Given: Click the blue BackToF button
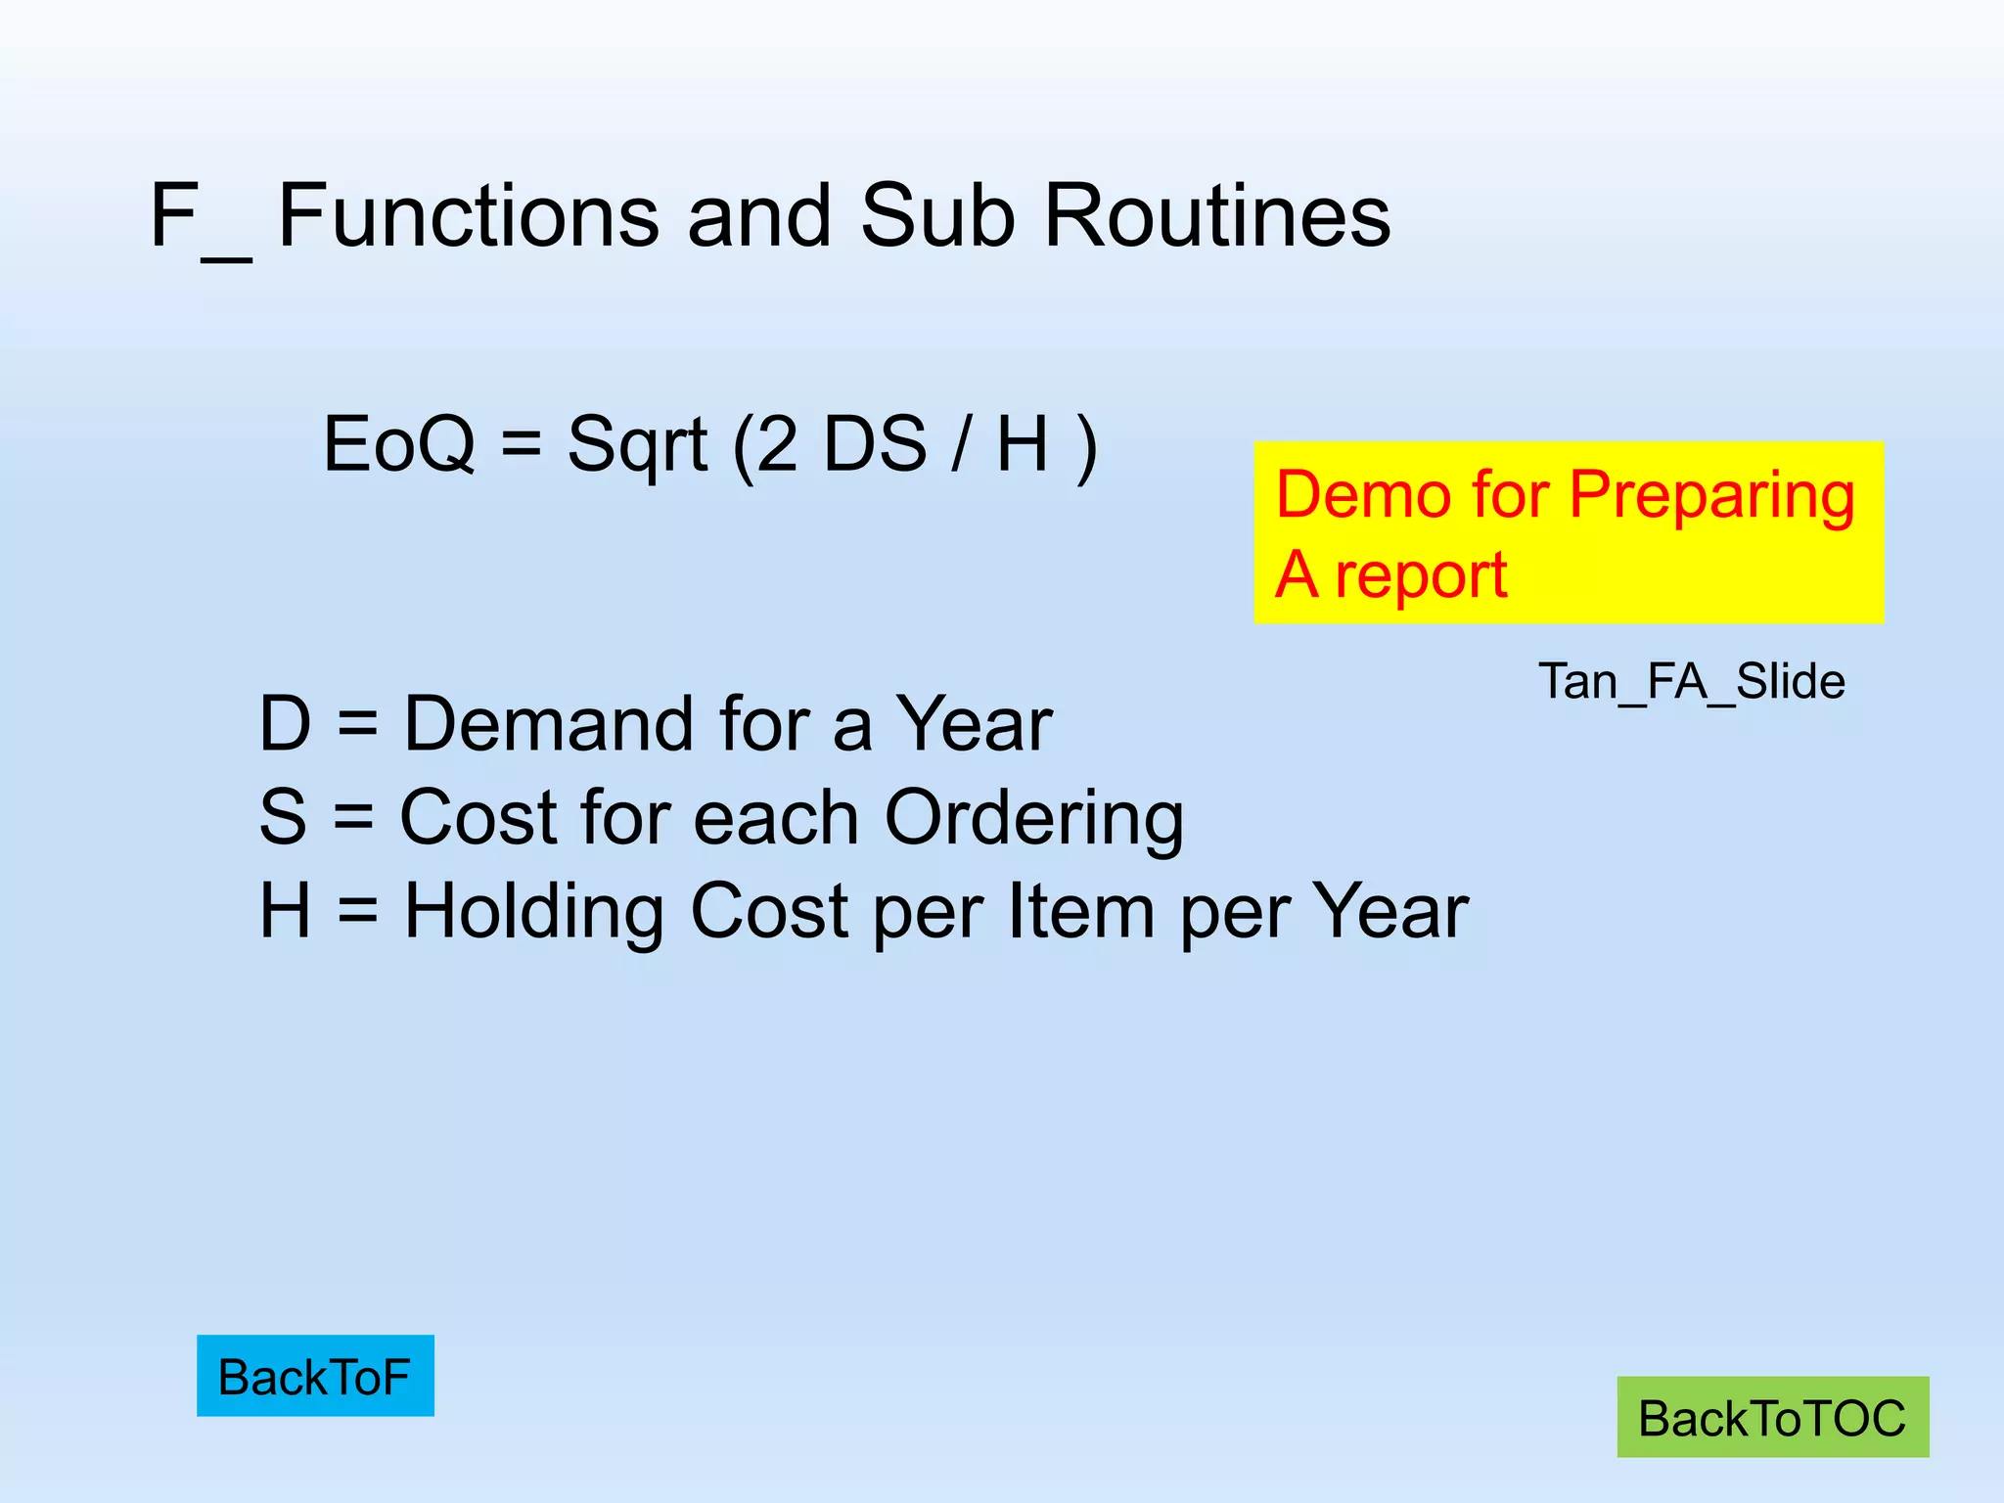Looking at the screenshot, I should [x=314, y=1376].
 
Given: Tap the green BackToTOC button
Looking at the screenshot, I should [x=1772, y=1418].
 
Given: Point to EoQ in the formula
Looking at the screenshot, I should [x=398, y=444].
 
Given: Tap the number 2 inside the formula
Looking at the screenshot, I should [x=778, y=444].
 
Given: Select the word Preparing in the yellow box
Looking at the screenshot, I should [x=1711, y=497].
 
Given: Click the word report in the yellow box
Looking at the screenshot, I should [x=1421, y=575].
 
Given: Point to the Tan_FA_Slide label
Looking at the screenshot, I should [x=1692, y=681].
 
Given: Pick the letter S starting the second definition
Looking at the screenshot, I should [x=283, y=817].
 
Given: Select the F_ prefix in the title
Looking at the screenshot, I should [x=200, y=217].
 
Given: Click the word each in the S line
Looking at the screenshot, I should [x=775, y=817].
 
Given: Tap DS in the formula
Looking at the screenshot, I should [x=875, y=444].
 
